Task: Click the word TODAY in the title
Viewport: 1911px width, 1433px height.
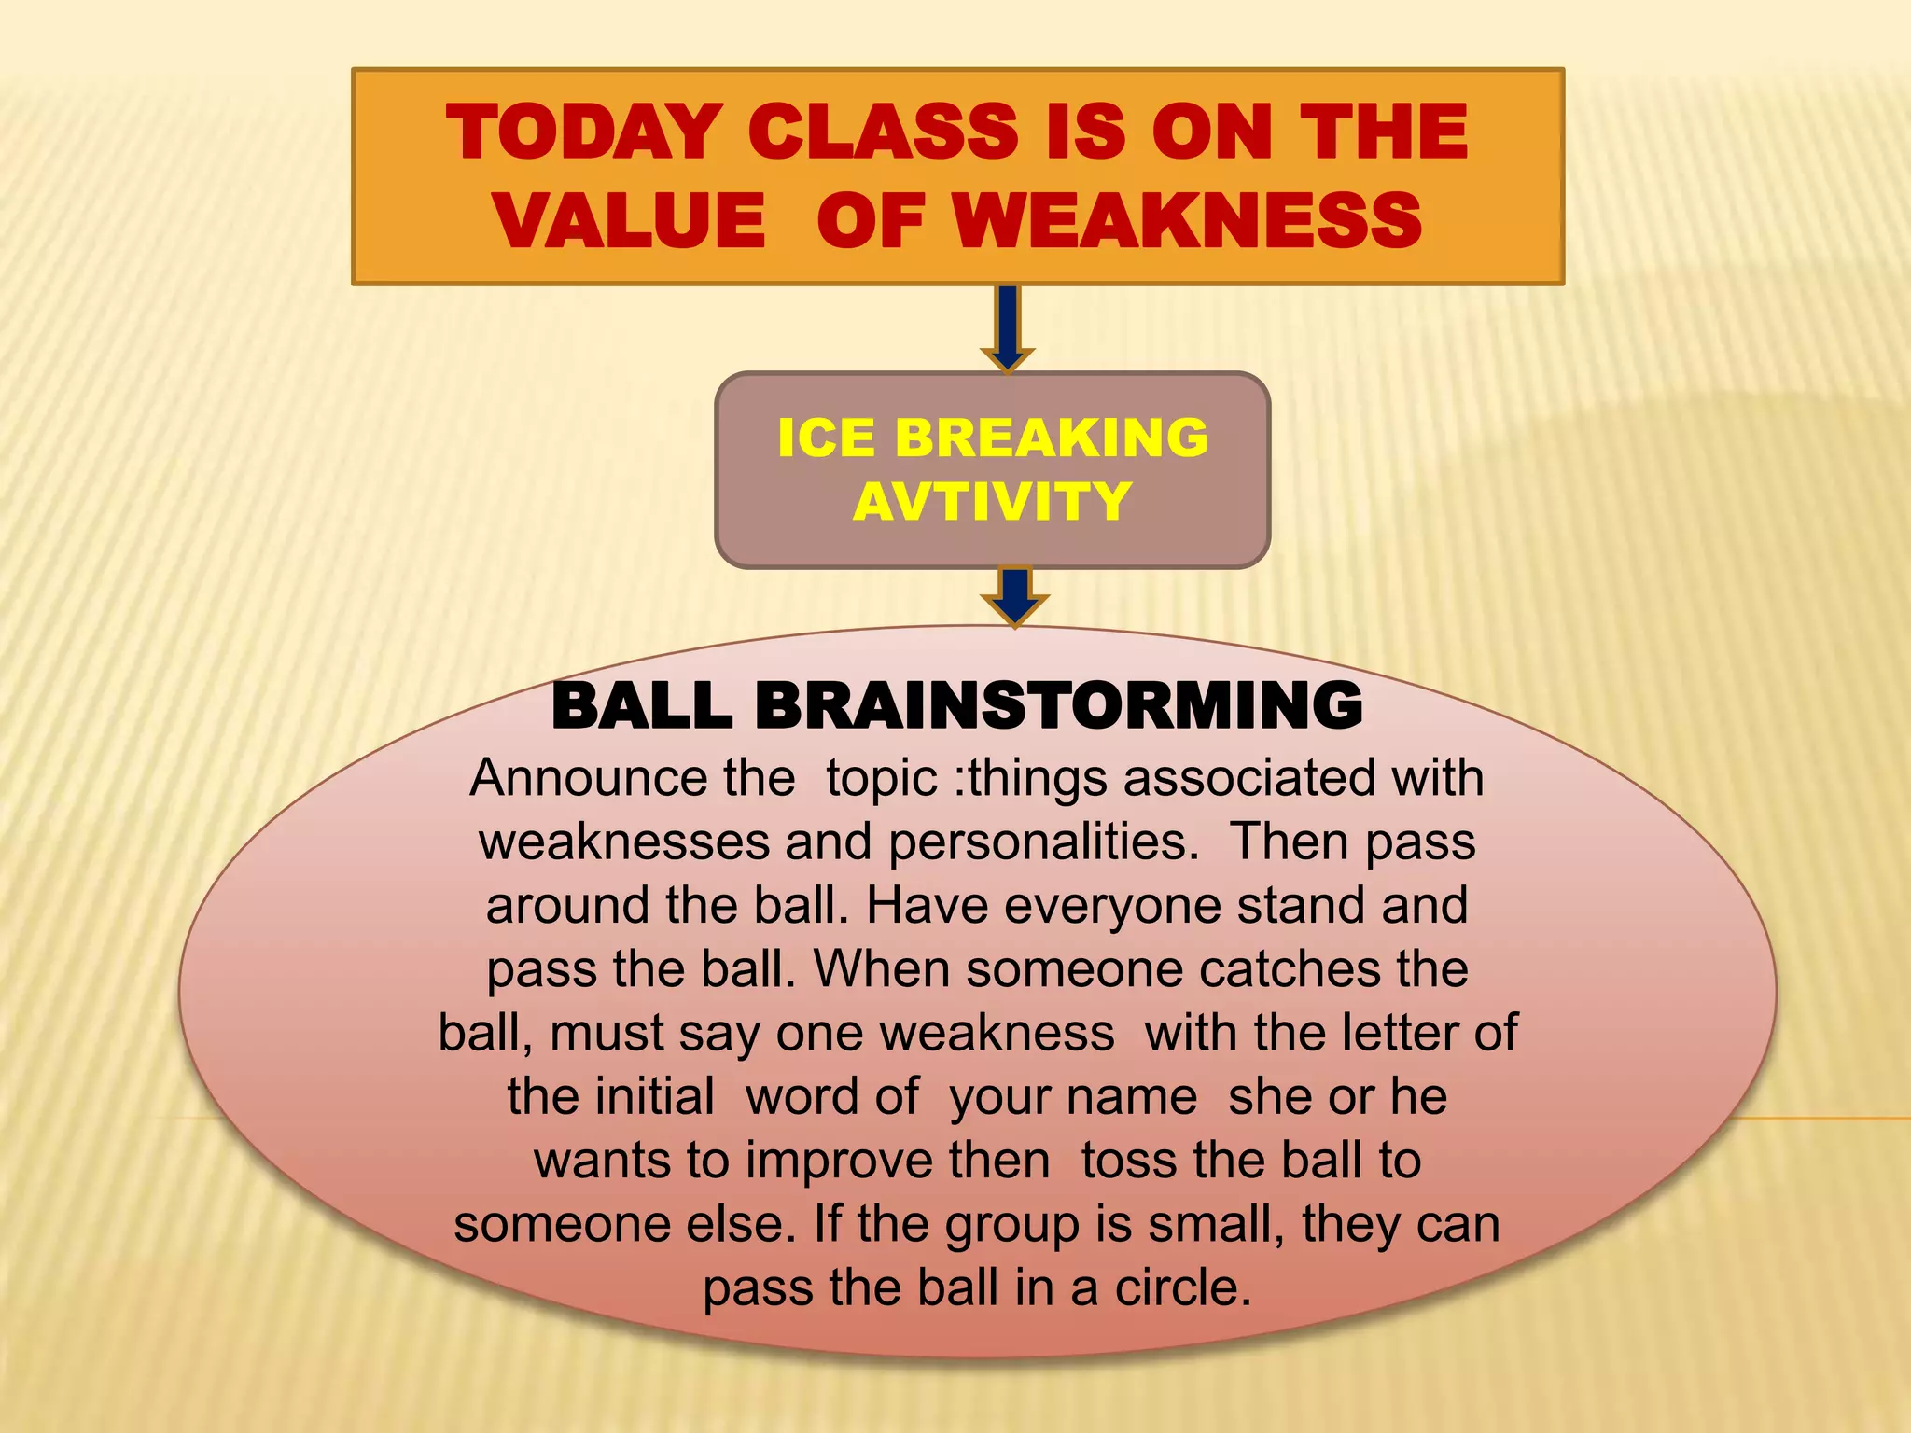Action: coord(585,132)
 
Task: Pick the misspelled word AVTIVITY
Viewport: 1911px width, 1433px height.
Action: coord(992,501)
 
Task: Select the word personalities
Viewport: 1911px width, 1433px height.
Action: coord(1042,842)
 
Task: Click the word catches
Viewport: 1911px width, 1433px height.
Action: coord(1290,968)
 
